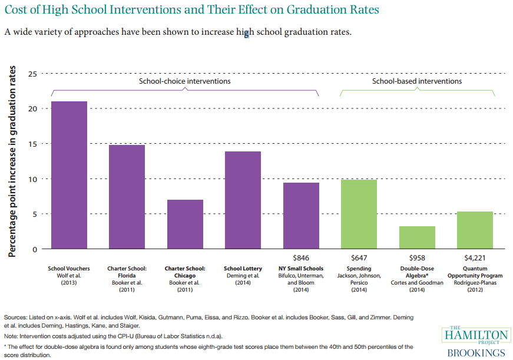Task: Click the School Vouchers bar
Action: click(69, 175)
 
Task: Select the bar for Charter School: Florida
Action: click(127, 197)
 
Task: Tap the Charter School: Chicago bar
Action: click(185, 224)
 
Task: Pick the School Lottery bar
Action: click(243, 200)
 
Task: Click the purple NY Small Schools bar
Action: click(301, 216)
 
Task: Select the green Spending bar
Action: click(359, 214)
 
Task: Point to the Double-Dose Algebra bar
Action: click(417, 237)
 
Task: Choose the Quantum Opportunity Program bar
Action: click(475, 230)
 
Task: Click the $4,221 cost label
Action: click(475, 257)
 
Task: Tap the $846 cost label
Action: click(301, 257)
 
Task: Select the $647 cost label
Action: click(359, 257)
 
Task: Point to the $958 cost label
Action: click(417, 257)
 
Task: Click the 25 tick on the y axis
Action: click(32, 74)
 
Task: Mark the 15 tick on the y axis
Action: click(32, 144)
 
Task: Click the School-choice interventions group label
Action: click(184, 81)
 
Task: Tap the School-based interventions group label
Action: click(416, 81)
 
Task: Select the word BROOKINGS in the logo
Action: click(476, 353)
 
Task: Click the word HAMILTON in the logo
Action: click(476, 335)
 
